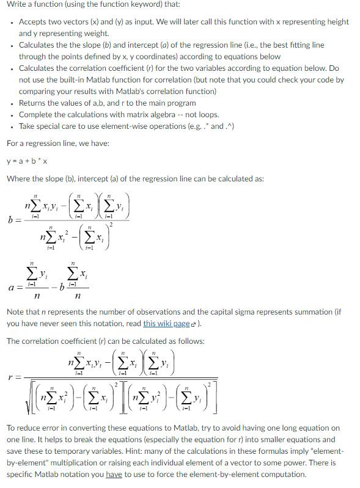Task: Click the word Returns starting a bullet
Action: coord(34,103)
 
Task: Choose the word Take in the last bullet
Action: coord(28,126)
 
